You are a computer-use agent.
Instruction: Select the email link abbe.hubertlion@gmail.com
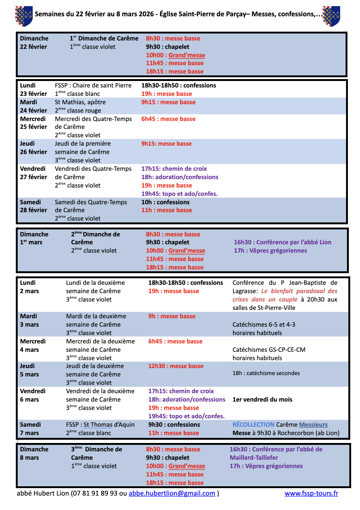point(172,493)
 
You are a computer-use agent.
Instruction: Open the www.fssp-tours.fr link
point(311,493)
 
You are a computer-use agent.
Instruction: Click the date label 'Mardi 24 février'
point(33,106)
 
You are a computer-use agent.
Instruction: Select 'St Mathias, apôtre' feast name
point(80,102)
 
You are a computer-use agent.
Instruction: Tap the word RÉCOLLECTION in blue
point(253,424)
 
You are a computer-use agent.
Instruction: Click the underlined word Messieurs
point(313,424)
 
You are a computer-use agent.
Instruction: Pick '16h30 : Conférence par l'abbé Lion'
point(282,242)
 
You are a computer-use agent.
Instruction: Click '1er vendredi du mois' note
point(262,399)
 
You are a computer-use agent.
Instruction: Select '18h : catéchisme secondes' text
point(266,373)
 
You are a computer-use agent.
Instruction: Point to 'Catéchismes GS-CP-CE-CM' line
point(269,349)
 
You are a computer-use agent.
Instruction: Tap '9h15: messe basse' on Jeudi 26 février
point(166,144)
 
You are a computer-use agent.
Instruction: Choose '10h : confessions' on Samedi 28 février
point(165,202)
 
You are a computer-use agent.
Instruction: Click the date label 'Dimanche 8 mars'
point(34,453)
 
